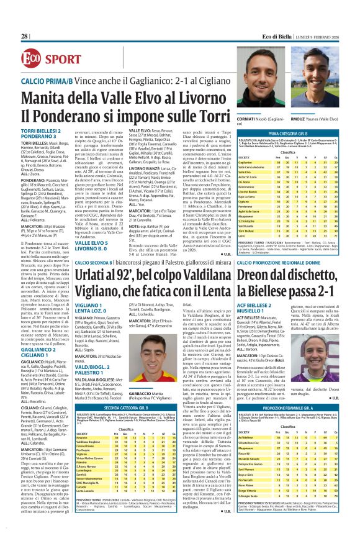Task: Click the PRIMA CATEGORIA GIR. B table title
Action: tap(304, 134)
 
